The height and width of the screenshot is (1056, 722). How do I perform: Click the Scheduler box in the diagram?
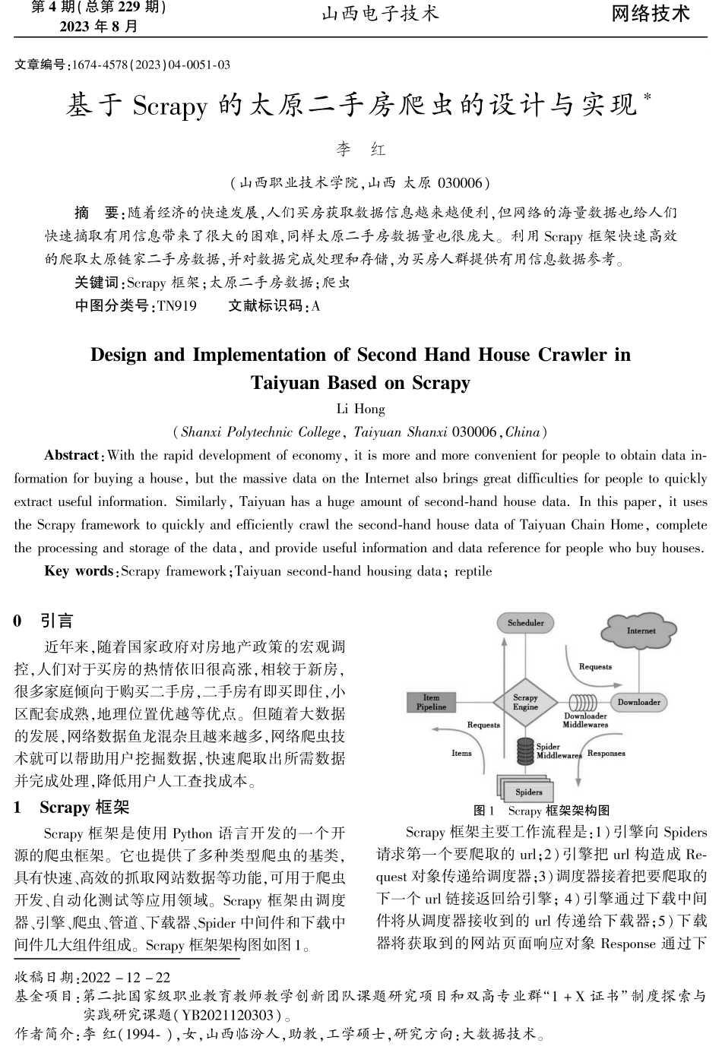pos(525,623)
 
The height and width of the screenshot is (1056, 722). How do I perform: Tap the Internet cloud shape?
pos(640,631)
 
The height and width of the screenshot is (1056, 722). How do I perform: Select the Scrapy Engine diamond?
pos(525,702)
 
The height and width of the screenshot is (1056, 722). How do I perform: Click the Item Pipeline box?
pos(431,702)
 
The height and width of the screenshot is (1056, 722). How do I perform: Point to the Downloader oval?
pos(638,702)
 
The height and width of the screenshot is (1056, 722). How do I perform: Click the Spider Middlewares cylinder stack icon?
pos(524,751)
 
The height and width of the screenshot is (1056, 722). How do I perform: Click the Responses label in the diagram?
pos(606,754)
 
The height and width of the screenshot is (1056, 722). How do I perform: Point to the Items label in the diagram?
pos(461,754)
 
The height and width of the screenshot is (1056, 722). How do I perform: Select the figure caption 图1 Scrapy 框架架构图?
pos(541,811)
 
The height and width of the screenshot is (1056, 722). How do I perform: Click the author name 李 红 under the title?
pos(360,150)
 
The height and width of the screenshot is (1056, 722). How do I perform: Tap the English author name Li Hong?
pos(360,409)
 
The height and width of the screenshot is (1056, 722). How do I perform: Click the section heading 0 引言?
pos(44,621)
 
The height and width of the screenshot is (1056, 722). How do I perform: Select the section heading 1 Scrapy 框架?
pos(72,807)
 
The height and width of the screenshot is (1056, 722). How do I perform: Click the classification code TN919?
pos(176,306)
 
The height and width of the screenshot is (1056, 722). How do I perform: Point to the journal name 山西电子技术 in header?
pos(380,14)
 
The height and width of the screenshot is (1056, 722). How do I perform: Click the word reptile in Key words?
pos(473,571)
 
